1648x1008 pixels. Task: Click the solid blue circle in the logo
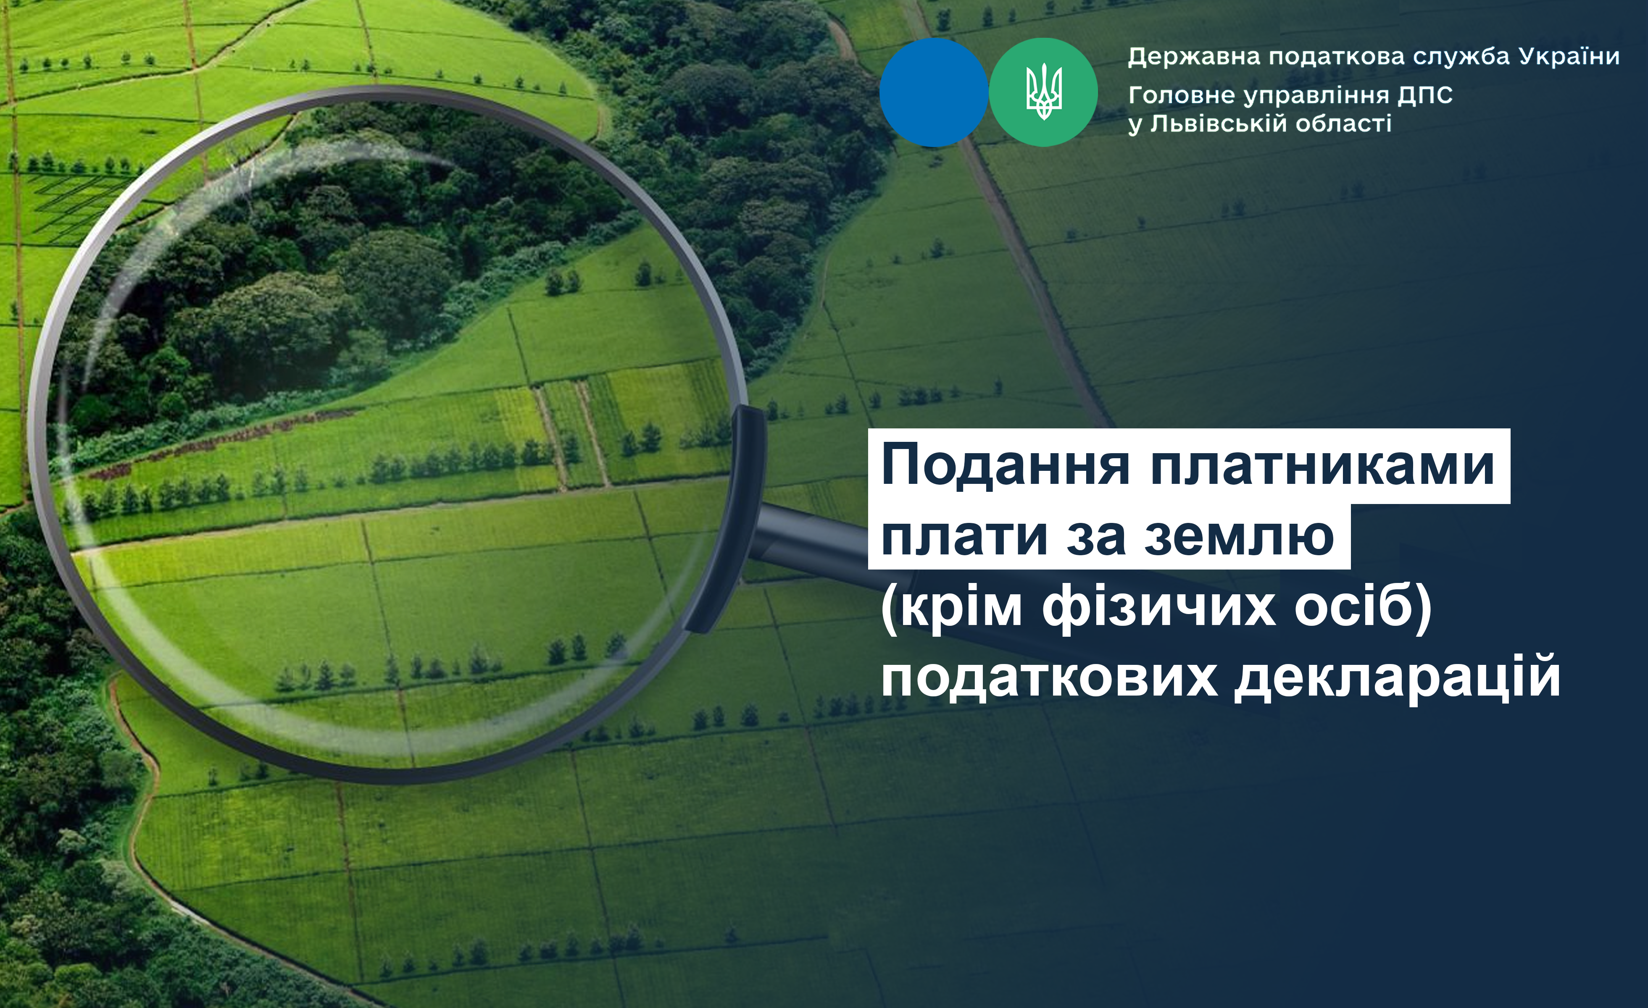tap(934, 92)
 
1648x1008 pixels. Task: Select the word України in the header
tap(1569, 56)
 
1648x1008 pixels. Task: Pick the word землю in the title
tap(1239, 537)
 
